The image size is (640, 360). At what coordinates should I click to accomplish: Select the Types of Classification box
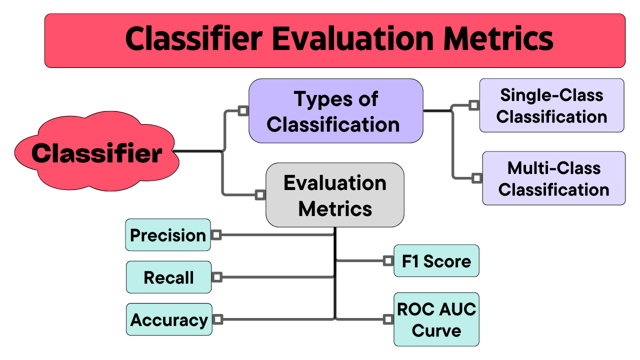(335, 111)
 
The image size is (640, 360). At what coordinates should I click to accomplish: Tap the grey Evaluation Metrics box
(334, 195)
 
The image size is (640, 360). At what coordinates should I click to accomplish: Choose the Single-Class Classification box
(551, 105)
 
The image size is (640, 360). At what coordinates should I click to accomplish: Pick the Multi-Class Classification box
(553, 178)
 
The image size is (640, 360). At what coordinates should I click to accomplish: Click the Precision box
(167, 235)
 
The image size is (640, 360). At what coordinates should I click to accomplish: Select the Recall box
(168, 277)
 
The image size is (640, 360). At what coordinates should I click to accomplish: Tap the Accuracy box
(169, 319)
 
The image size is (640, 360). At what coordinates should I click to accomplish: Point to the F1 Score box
(436, 261)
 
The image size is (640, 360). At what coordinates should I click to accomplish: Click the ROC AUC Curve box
(436, 319)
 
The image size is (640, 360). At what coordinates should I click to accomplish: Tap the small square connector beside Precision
(216, 234)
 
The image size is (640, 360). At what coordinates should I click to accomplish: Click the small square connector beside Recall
(217, 276)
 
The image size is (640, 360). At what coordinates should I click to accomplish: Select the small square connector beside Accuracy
(217, 319)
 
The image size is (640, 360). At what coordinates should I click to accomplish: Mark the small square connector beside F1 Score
(388, 260)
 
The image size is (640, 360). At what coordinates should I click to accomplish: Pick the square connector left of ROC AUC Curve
(388, 318)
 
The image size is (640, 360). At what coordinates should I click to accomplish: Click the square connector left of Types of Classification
(243, 110)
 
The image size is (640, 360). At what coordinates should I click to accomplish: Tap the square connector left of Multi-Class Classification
(477, 177)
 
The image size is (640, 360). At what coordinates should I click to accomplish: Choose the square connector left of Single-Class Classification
(473, 105)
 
